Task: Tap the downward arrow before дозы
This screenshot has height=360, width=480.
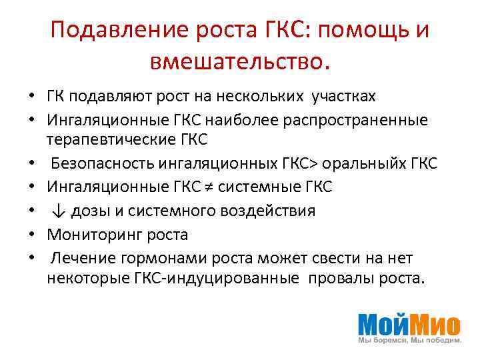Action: coord(59,211)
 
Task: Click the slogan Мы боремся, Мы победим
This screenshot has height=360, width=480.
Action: coord(409,340)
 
